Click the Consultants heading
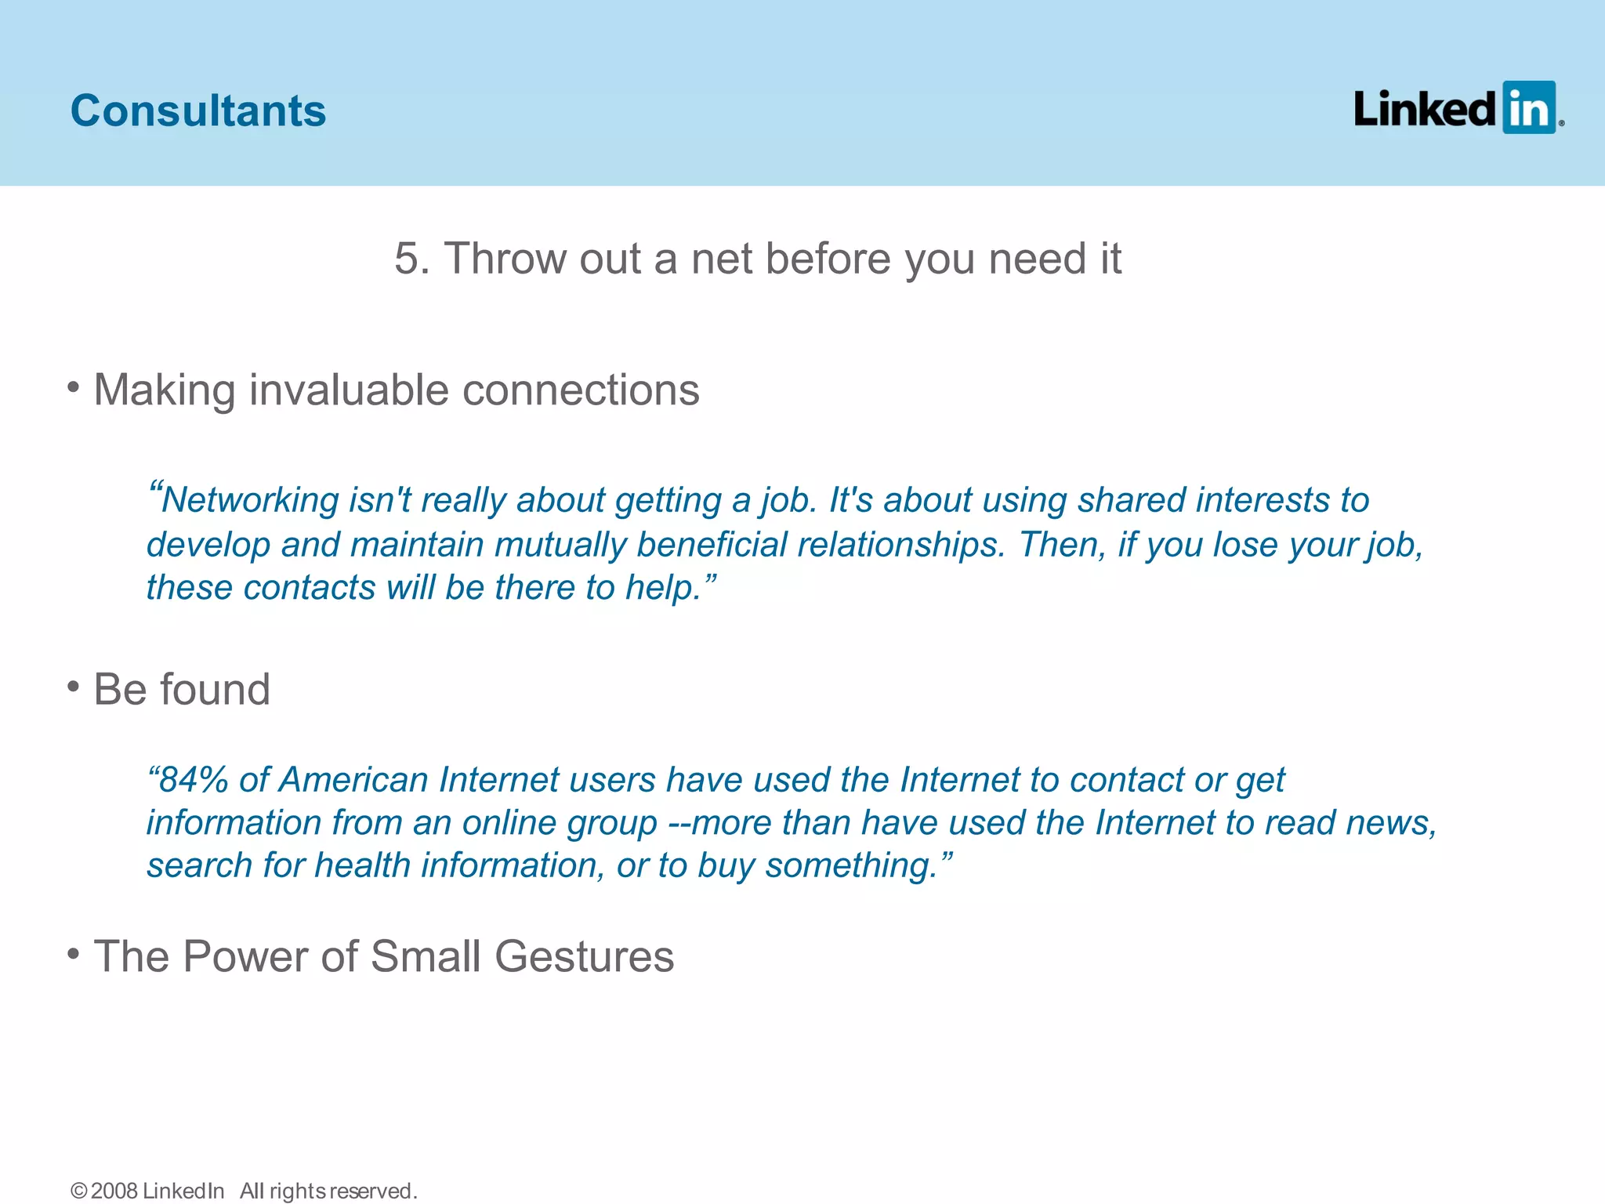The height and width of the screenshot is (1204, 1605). [198, 111]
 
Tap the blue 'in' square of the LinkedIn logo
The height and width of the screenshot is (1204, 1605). [1528, 107]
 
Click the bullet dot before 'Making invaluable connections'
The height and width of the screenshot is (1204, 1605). [74, 386]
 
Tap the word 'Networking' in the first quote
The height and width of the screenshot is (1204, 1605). [250, 500]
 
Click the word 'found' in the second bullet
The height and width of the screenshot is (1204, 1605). [215, 689]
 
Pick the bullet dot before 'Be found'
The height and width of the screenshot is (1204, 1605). [74, 687]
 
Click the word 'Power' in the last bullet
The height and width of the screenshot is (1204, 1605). [245, 956]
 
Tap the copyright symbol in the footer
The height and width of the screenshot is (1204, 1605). [78, 1191]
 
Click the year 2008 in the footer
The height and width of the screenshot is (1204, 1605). [114, 1191]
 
